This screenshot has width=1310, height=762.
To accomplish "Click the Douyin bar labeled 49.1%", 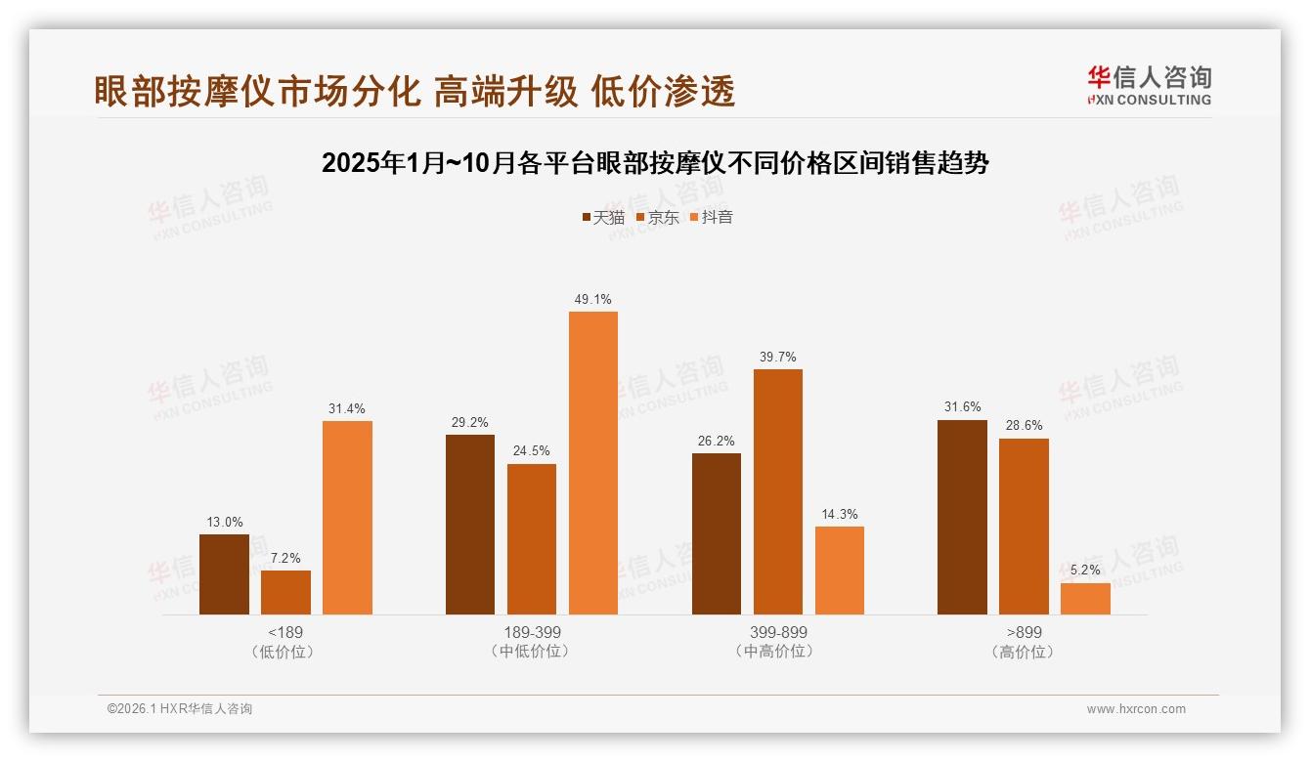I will (593, 463).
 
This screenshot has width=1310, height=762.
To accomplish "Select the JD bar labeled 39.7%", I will (778, 491).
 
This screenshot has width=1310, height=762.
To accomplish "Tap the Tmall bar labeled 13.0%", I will (224, 574).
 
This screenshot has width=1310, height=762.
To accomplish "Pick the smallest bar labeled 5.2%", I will (1085, 599).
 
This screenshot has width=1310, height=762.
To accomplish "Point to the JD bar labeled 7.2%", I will (285, 592).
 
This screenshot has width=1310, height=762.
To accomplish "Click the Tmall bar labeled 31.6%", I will (962, 518).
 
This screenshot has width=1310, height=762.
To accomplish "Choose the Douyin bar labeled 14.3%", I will (840, 571).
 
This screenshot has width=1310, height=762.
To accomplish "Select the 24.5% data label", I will (532, 450).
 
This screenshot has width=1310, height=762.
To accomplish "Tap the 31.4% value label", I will (347, 408).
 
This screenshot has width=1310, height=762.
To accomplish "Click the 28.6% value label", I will (1024, 425).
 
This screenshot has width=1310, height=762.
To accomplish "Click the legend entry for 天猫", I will (603, 217).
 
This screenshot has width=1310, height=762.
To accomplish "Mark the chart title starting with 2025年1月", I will (655, 162).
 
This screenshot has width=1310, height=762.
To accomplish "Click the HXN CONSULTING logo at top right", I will (1149, 85).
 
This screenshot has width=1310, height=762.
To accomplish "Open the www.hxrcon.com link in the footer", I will (1136, 709).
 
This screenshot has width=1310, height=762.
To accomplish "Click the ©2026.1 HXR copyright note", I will (180, 709).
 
